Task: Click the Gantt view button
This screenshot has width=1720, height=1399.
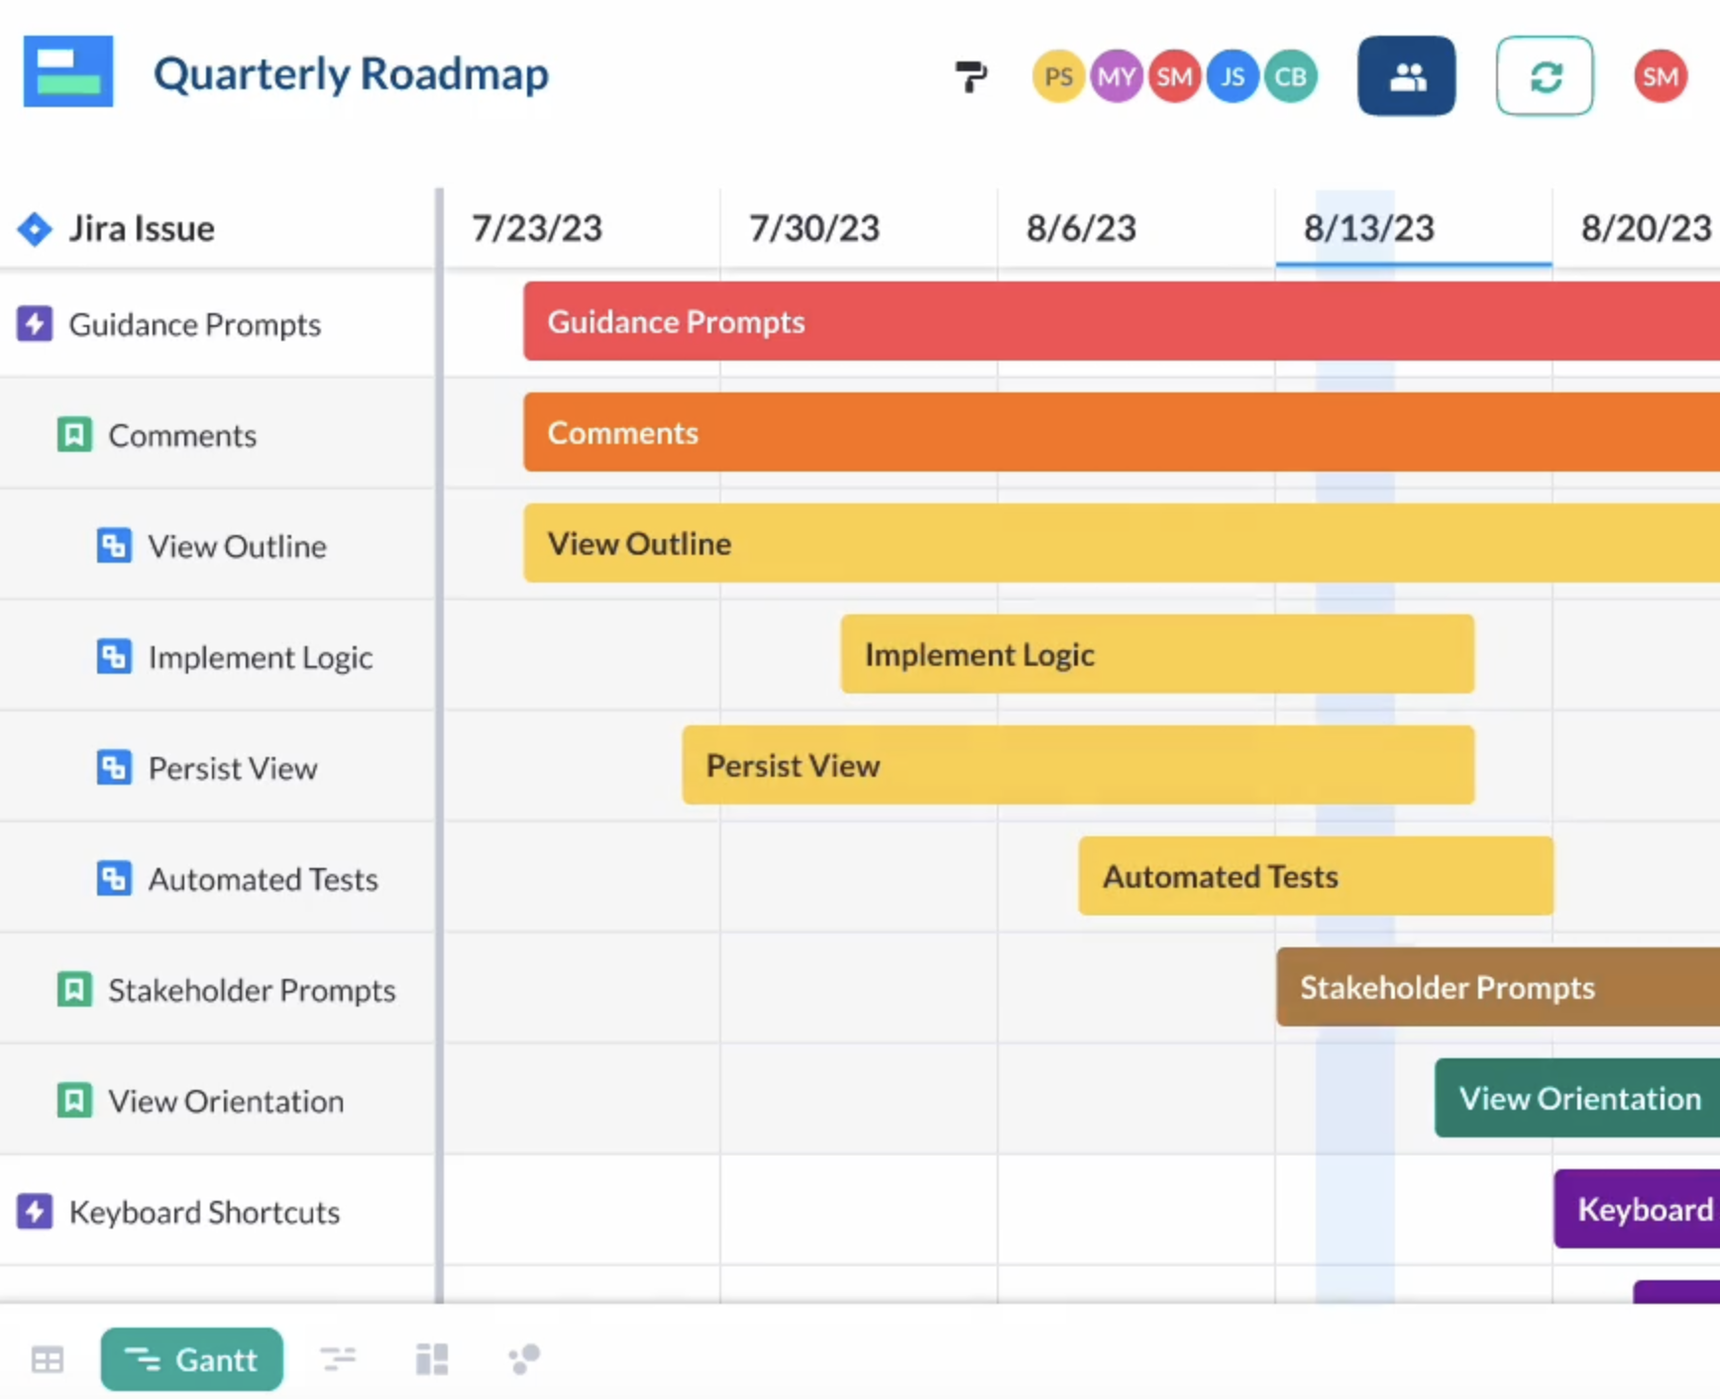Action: pyautogui.click(x=191, y=1358)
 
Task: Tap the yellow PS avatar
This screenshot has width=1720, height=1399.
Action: pyautogui.click(x=1058, y=76)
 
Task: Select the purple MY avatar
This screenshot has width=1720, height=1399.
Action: pyautogui.click(x=1117, y=76)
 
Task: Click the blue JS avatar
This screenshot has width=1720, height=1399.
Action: pyautogui.click(x=1233, y=76)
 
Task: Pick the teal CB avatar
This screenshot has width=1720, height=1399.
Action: pyautogui.click(x=1290, y=76)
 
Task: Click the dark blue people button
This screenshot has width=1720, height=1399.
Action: pyautogui.click(x=1406, y=76)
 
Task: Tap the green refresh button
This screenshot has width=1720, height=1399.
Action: pyautogui.click(x=1545, y=76)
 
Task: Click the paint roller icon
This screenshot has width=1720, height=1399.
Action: pyautogui.click(x=971, y=76)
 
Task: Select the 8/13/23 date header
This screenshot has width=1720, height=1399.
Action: pyautogui.click(x=1368, y=229)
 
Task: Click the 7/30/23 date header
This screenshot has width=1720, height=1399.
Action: pyautogui.click(x=813, y=229)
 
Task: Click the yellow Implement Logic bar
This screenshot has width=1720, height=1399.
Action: pyautogui.click(x=1156, y=654)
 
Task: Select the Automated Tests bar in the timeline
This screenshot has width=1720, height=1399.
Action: pyautogui.click(x=1315, y=876)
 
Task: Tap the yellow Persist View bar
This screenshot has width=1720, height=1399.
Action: pyautogui.click(x=1077, y=765)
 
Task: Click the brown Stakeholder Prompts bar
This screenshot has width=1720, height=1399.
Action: pyautogui.click(x=1496, y=987)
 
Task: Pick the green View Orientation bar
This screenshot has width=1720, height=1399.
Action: pyautogui.click(x=1577, y=1098)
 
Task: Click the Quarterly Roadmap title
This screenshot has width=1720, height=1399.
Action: pyautogui.click(x=351, y=74)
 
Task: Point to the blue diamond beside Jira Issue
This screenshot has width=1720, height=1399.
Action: pyautogui.click(x=35, y=229)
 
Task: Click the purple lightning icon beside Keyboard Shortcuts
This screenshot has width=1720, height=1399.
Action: pyautogui.click(x=35, y=1211)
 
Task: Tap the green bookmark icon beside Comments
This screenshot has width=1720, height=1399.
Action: pyautogui.click(x=74, y=434)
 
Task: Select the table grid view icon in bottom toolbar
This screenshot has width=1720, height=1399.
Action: pyautogui.click(x=48, y=1359)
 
